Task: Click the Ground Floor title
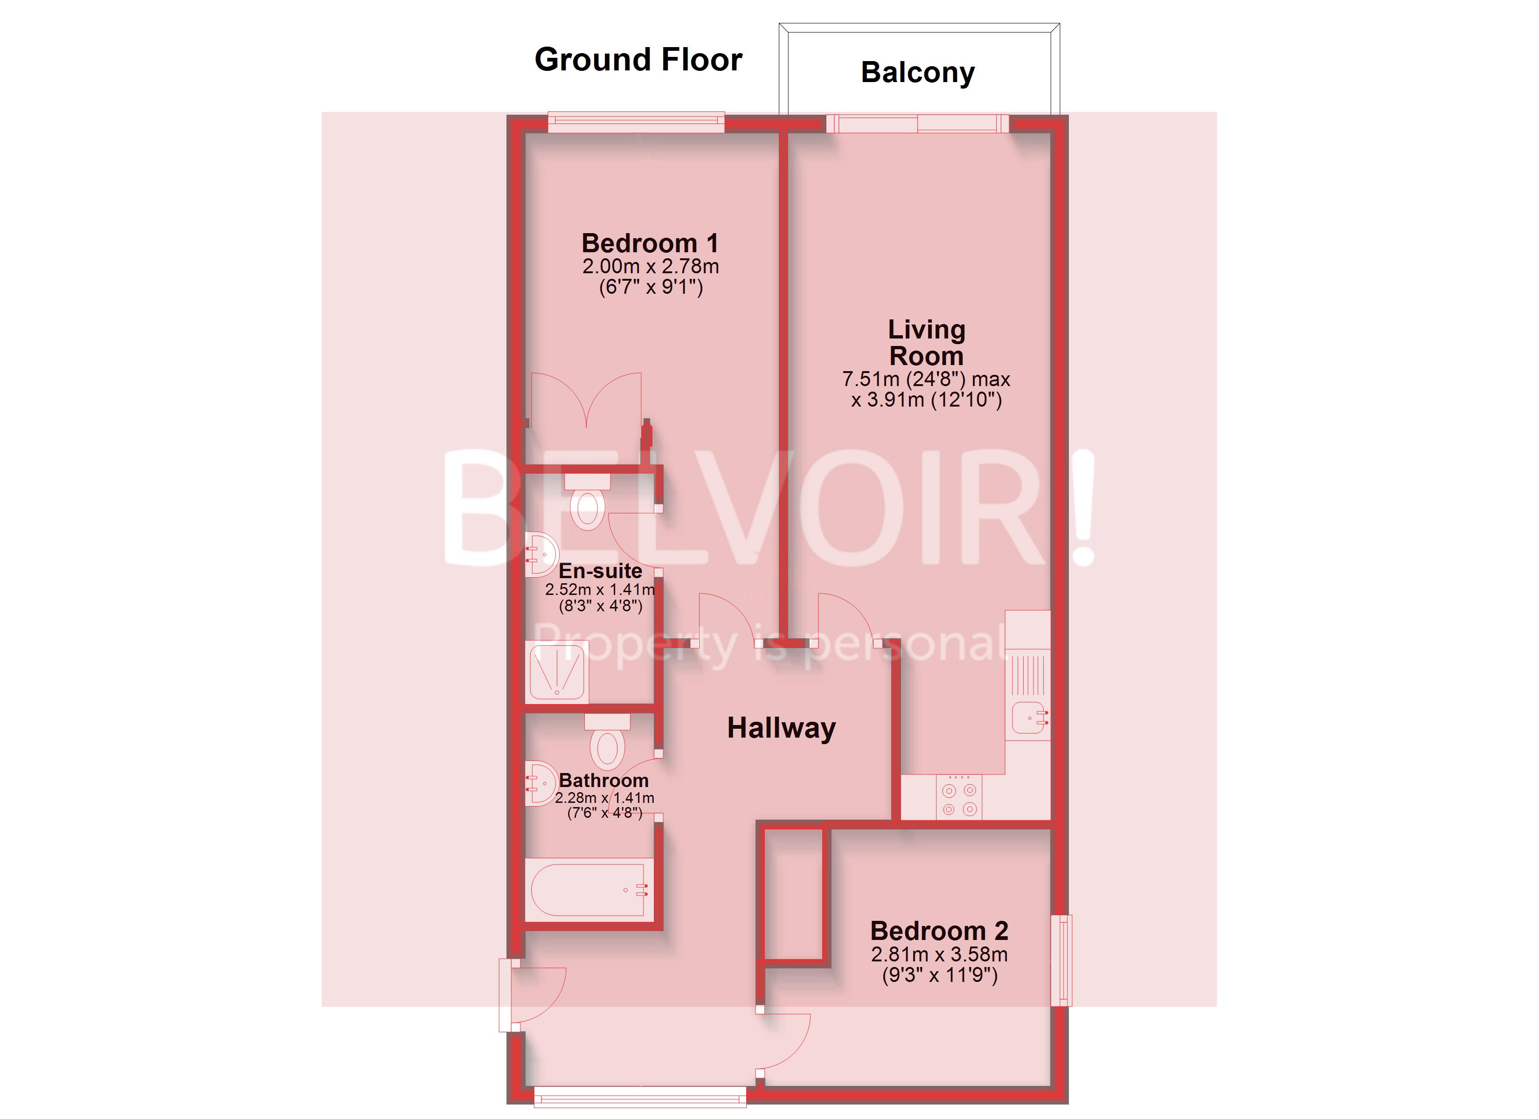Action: point(638,60)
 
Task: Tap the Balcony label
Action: point(917,72)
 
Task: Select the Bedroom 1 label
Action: point(649,243)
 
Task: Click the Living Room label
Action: point(926,343)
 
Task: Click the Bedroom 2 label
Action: point(939,930)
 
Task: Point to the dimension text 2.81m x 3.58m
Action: point(939,954)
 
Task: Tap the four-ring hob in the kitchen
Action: point(959,799)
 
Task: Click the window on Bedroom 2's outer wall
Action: point(1061,960)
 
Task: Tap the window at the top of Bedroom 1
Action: point(636,122)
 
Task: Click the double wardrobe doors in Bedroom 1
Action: point(586,401)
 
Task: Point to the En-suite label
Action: point(600,571)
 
